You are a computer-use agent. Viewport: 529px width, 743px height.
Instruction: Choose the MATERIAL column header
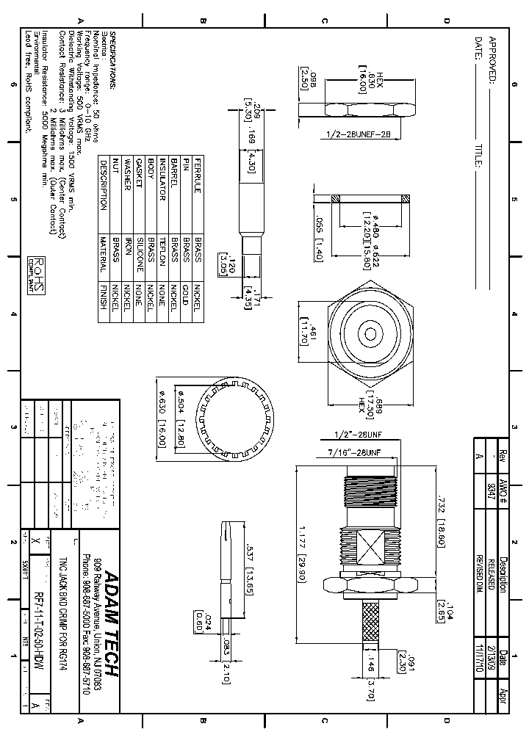click(x=104, y=254)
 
